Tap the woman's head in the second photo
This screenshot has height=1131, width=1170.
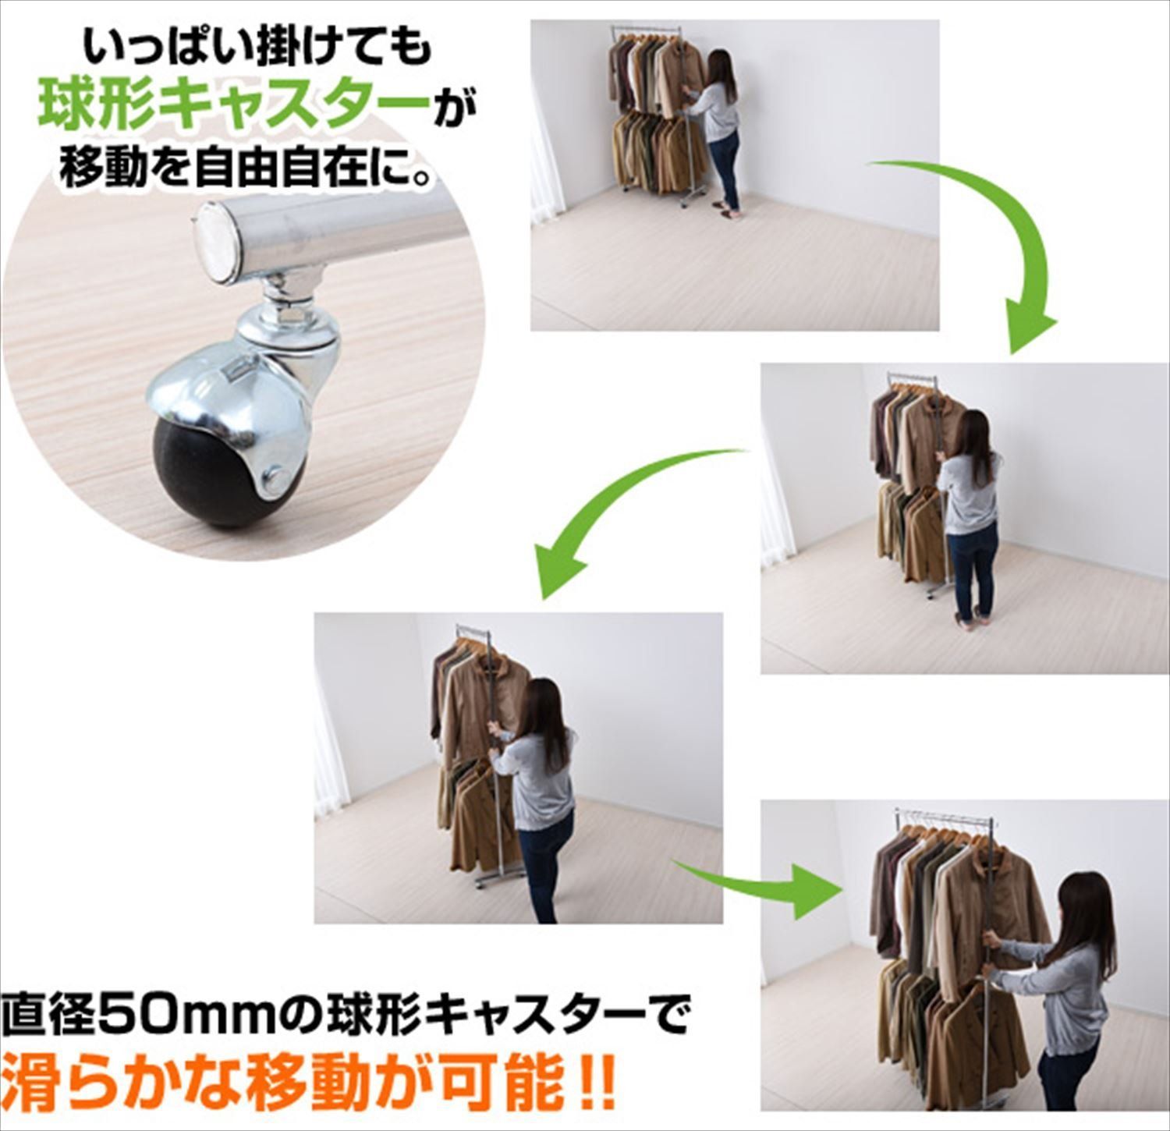[975, 433]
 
